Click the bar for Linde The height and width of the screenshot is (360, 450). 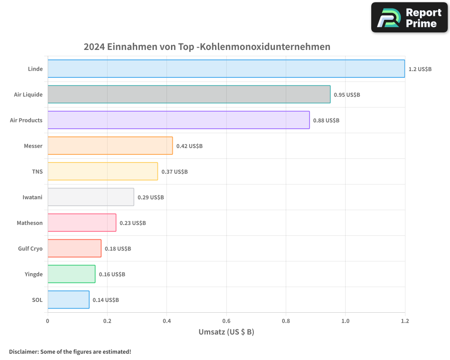tap(226, 69)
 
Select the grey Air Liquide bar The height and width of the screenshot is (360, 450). tap(189, 94)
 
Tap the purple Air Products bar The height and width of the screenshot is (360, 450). tap(178, 120)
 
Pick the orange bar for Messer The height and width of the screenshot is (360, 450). tap(110, 146)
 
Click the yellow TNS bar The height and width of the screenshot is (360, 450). tap(103, 171)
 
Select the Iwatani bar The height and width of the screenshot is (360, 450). tap(90, 197)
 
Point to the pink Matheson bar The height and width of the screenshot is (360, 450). tap(81, 223)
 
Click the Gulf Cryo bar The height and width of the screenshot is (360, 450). tap(74, 248)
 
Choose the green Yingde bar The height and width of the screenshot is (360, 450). tap(71, 274)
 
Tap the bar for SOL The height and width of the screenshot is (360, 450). tap(68, 300)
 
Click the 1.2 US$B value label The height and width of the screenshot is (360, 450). tap(420, 69)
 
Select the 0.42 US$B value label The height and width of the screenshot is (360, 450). tap(189, 146)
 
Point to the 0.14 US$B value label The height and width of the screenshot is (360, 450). tap(106, 300)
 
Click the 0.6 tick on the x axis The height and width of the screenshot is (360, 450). tap(226, 321)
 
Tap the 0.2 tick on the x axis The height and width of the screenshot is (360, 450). tap(107, 321)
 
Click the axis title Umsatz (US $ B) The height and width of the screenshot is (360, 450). tap(226, 332)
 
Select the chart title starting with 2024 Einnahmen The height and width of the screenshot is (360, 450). tap(207, 47)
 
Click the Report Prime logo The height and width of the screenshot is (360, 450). tap(409, 18)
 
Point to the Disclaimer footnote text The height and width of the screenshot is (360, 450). tap(70, 351)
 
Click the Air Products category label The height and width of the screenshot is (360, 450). tap(26, 121)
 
